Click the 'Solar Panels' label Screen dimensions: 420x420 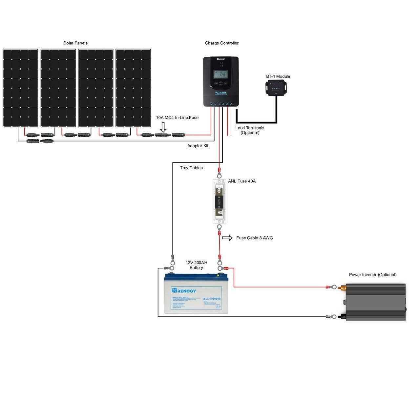(75, 43)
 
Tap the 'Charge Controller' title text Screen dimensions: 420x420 (221, 43)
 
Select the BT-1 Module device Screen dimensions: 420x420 (276, 88)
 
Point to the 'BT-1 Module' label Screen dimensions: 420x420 (278, 76)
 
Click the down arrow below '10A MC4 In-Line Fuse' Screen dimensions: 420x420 (163, 127)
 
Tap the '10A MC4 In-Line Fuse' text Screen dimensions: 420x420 (177, 117)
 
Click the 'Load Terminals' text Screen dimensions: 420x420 (250, 128)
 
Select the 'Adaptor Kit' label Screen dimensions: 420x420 (198, 146)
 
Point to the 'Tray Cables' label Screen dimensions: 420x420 (191, 168)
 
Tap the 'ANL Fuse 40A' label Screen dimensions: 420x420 (242, 181)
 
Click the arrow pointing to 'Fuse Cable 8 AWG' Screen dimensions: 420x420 (227, 238)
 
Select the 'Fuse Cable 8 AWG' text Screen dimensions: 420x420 (254, 238)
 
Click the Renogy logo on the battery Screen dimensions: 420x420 (184, 291)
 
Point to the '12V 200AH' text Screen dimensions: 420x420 (196, 263)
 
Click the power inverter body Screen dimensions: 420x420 (376, 302)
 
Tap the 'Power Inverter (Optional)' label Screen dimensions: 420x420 (373, 275)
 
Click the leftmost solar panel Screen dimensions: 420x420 (20, 88)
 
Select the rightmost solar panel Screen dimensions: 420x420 (133, 88)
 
